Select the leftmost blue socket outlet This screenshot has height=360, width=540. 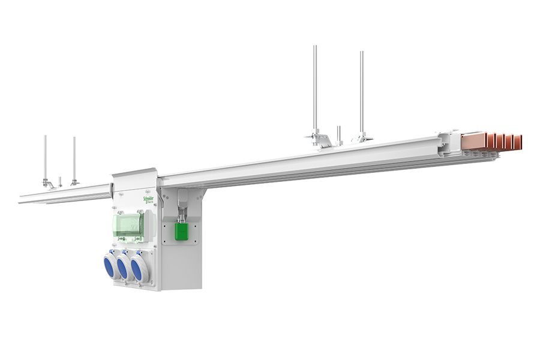point(109,265)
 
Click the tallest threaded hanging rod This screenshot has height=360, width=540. point(315,90)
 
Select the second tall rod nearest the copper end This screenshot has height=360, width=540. point(362,93)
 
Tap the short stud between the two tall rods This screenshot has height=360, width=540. point(339,134)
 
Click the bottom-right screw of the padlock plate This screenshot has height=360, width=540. point(195,241)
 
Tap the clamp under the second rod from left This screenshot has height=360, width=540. point(75,181)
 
